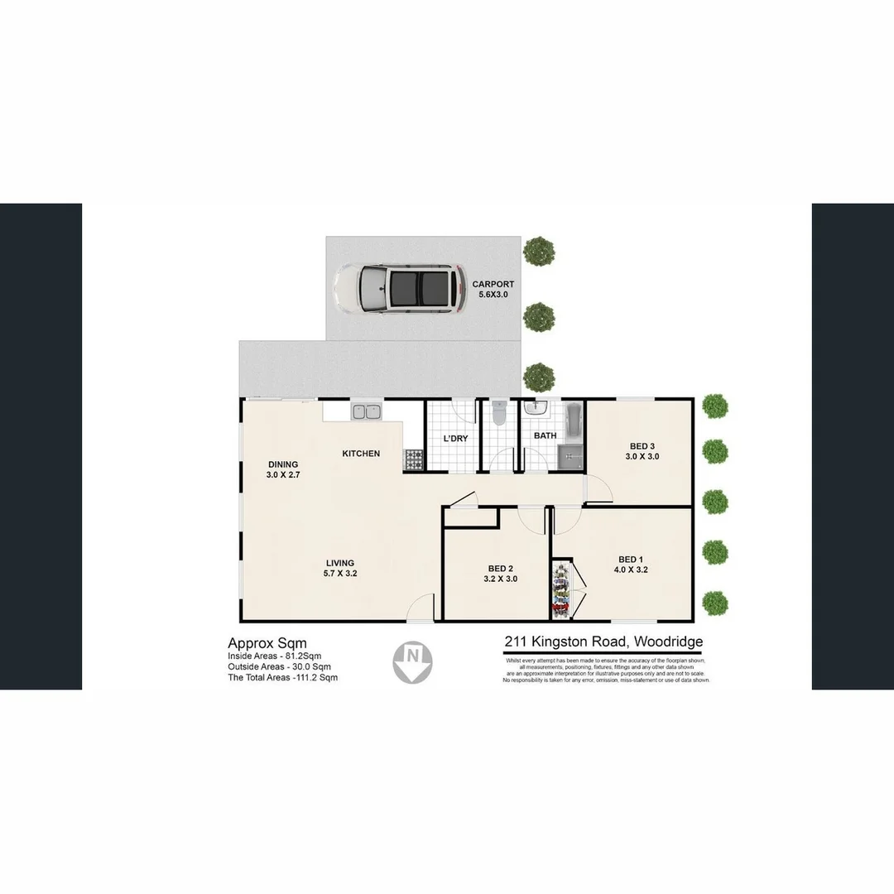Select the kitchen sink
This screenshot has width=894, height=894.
coord(364,411)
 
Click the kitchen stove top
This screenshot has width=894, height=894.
coord(413,460)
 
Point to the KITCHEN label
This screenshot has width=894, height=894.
coord(362,454)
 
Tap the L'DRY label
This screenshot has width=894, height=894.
coord(455,438)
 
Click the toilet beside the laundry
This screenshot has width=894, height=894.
coord(497,415)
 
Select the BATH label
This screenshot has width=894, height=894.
coord(545,435)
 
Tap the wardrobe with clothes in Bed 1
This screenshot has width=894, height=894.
coord(562,589)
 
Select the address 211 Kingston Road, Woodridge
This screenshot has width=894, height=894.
coord(604,642)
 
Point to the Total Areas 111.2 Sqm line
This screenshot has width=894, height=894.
coord(282,677)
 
